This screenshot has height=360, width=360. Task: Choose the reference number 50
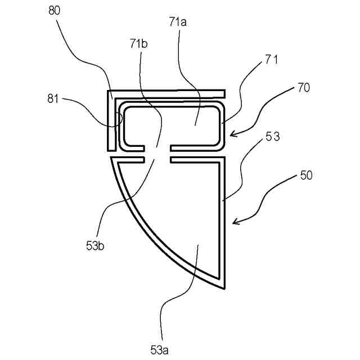(x=306, y=175)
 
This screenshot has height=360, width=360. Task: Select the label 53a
(x=160, y=350)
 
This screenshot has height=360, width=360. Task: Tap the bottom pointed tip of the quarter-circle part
(x=225, y=288)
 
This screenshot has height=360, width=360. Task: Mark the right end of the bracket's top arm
(x=225, y=93)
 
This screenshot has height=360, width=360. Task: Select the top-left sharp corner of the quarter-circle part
(x=111, y=159)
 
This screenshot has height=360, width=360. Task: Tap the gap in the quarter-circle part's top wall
(x=162, y=160)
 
